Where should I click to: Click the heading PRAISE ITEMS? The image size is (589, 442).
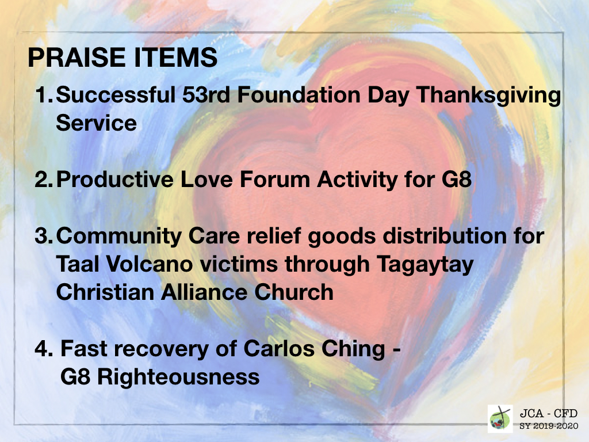pos(123,58)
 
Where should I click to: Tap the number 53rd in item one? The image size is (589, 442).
pos(206,94)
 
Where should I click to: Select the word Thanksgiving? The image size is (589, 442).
pos(488,96)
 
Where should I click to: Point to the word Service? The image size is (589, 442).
pos(96,123)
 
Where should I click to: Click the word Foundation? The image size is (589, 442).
pos(299,94)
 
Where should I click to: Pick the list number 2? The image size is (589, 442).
pos(44,180)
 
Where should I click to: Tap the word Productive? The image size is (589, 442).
pos(115,180)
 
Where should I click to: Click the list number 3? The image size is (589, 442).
pos(44,236)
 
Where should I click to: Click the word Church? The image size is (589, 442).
pos(294,292)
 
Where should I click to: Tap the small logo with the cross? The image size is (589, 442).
pos(500,418)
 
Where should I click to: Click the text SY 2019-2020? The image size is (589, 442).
pos(548,426)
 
